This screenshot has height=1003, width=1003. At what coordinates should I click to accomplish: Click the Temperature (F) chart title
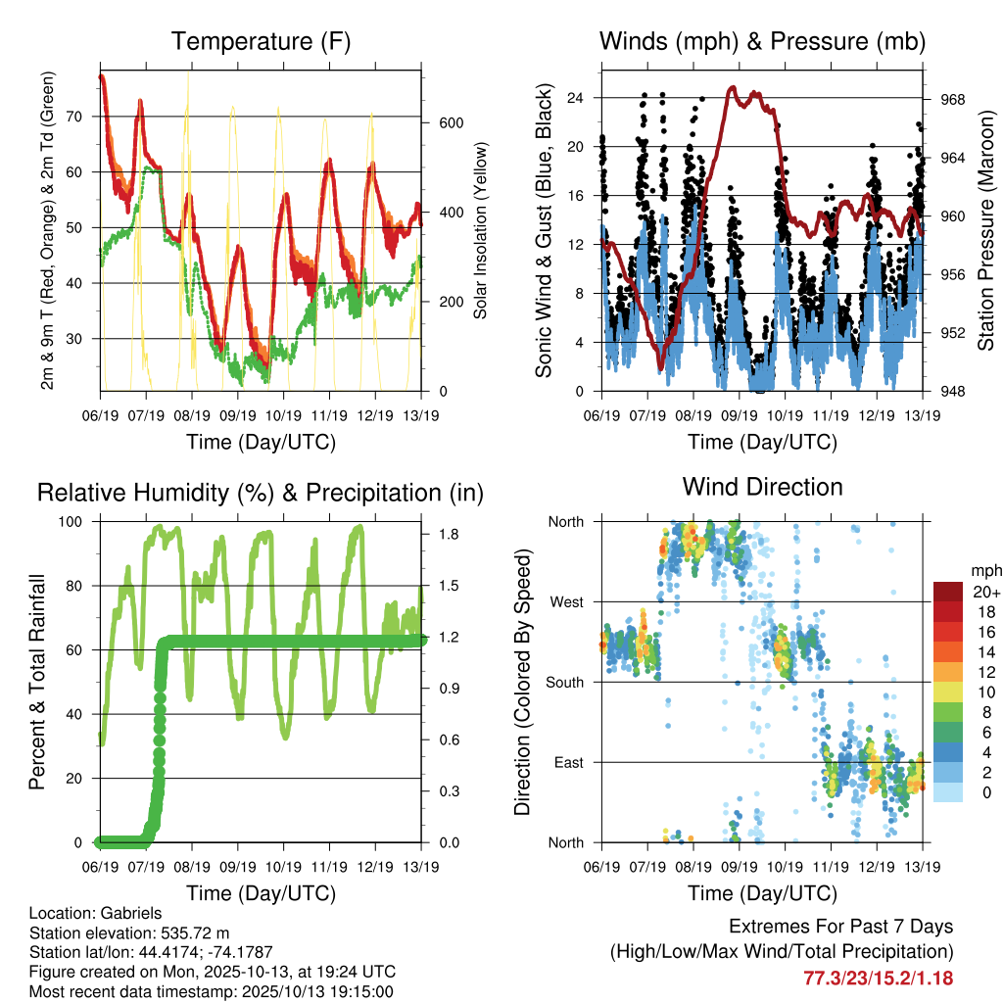click(x=261, y=41)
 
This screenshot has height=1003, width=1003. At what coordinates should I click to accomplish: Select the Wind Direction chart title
click(x=762, y=486)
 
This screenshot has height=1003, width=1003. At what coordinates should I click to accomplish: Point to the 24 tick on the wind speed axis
click(x=576, y=98)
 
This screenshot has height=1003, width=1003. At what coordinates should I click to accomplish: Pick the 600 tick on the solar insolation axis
click(x=451, y=123)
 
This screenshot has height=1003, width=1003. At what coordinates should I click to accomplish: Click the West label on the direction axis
click(x=566, y=602)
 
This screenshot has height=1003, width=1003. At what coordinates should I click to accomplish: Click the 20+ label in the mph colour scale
click(x=985, y=593)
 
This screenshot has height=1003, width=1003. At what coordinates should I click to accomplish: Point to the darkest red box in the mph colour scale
click(x=948, y=592)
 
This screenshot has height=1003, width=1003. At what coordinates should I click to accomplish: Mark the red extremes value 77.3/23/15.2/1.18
click(x=878, y=978)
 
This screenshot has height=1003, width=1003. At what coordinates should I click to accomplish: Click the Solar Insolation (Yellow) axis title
click(x=481, y=231)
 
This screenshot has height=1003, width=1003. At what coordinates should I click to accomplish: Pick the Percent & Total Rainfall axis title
click(x=37, y=681)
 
